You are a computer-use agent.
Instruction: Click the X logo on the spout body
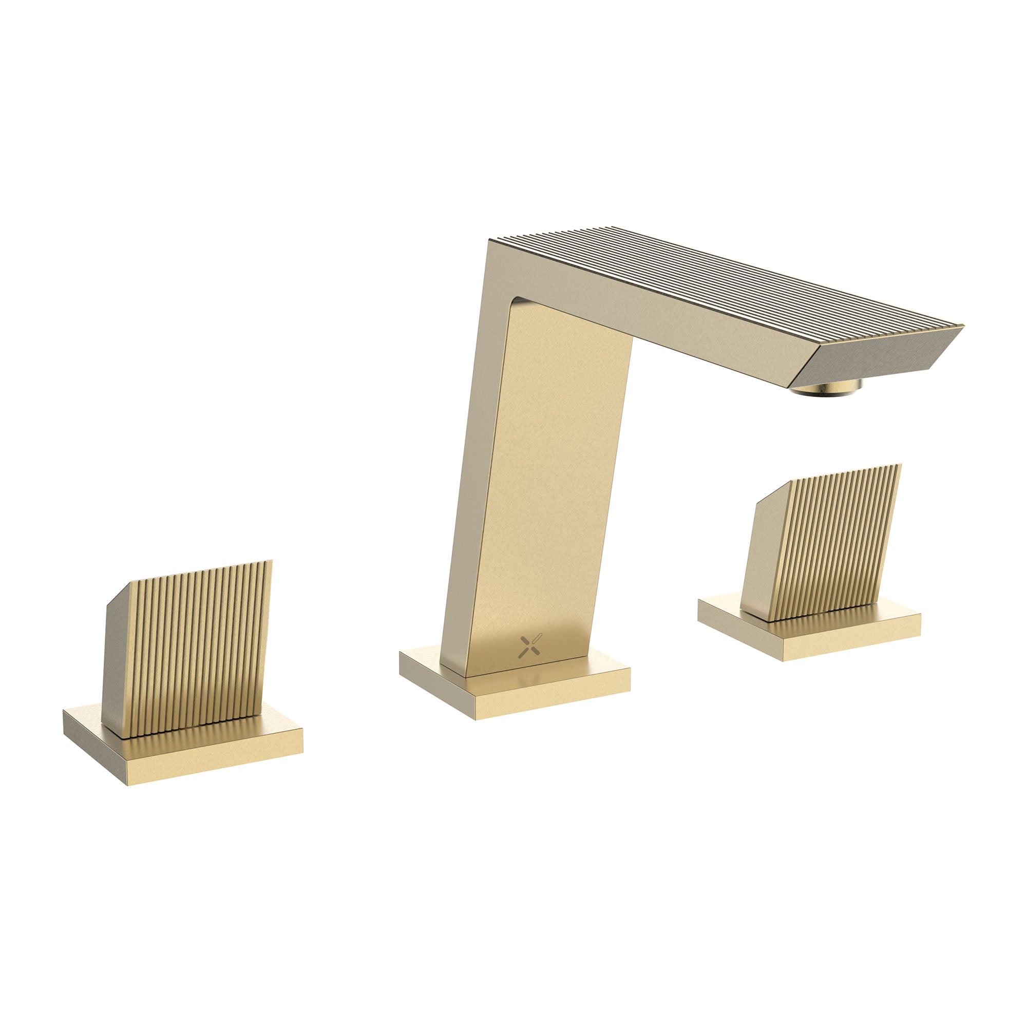point(529,645)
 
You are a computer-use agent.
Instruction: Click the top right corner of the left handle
point(271,562)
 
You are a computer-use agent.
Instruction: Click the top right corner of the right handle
point(900,466)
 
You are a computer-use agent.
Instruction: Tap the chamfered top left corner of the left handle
point(120,593)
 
